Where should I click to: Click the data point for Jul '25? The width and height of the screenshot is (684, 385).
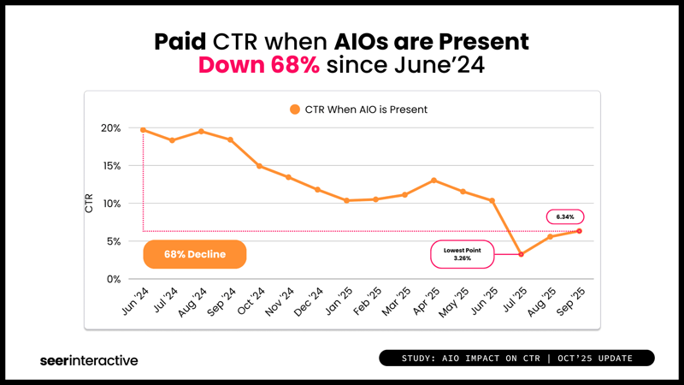pos(521,254)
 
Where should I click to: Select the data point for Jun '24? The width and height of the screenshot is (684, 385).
pos(143,130)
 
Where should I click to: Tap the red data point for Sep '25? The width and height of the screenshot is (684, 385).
pos(579,231)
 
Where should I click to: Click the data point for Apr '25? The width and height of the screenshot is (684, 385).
pos(433,181)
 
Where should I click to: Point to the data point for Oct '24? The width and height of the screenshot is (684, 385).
pos(259,166)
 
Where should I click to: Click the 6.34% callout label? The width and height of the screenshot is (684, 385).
pos(564,216)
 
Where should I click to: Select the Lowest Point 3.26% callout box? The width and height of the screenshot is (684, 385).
pos(463,253)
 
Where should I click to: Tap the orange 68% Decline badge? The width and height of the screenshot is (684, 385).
pos(195,254)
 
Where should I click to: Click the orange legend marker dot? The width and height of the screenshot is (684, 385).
pos(295,110)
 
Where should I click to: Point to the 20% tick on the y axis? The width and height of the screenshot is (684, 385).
pos(112,128)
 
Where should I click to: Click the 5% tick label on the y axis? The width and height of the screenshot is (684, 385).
pos(115,241)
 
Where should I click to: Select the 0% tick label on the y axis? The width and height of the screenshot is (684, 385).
pos(115,279)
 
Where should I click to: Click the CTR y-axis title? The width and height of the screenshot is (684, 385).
pos(90,203)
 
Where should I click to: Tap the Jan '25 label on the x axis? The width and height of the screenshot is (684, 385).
pos(336,300)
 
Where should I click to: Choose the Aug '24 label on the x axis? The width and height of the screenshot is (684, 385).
pos(191,300)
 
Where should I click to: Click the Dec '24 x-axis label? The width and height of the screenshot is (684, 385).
pos(307,300)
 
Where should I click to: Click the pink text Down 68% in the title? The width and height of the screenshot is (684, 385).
pos(259,64)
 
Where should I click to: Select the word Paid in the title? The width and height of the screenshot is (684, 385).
pos(185,41)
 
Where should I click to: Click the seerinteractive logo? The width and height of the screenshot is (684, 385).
pos(89,360)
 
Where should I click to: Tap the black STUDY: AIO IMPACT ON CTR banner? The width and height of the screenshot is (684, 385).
pos(516,358)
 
